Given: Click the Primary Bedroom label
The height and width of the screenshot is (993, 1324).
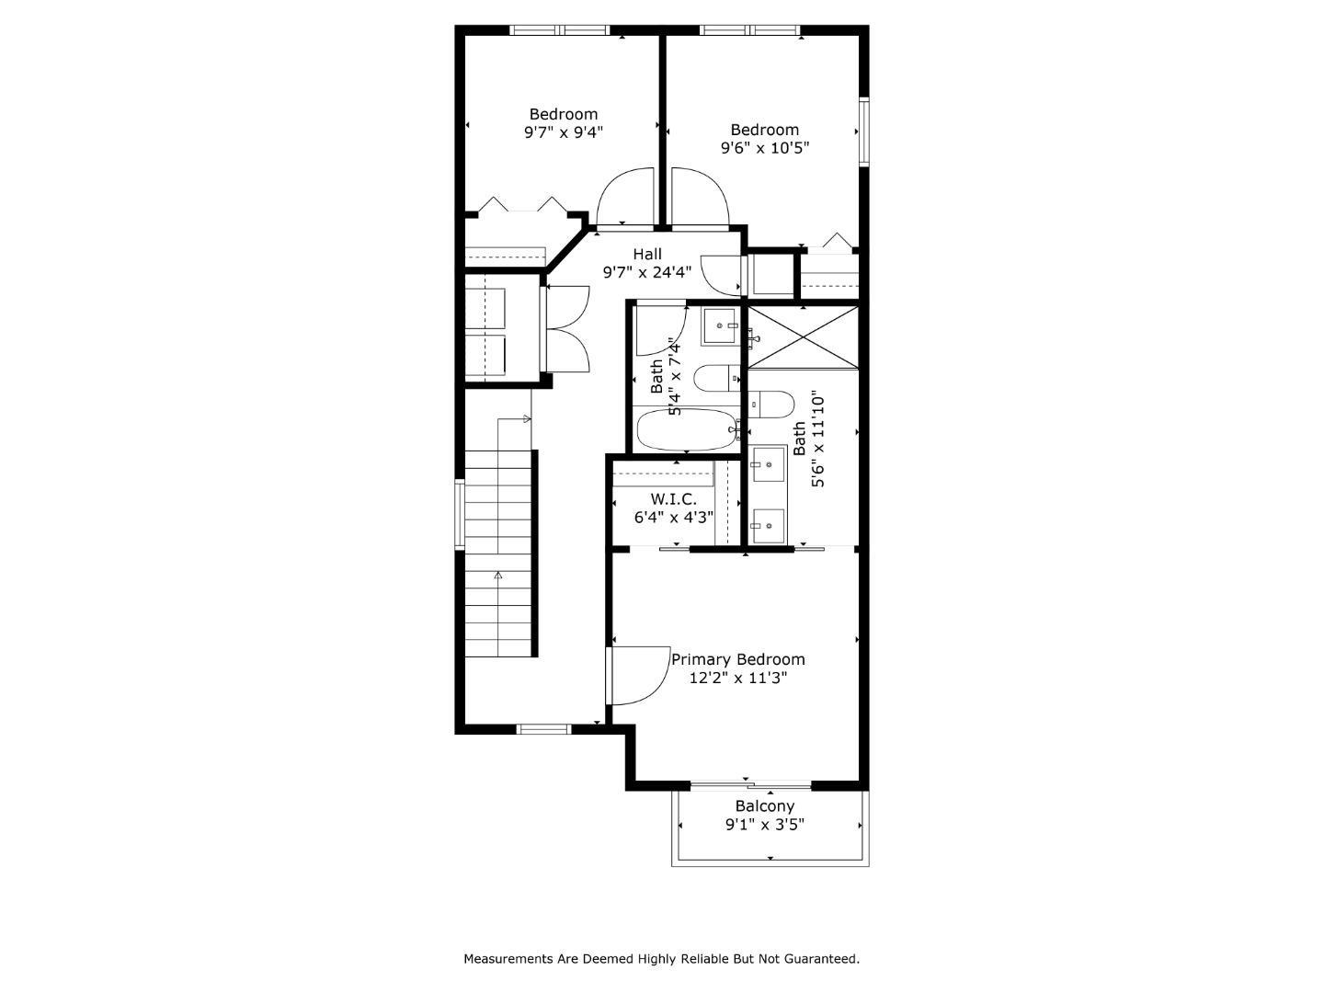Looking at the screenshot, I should [737, 659].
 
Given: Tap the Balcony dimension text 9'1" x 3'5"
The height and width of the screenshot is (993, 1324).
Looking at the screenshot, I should [764, 825].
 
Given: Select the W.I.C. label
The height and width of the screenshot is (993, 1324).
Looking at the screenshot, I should [673, 498].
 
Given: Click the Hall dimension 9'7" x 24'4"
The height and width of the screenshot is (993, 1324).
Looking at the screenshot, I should [646, 272].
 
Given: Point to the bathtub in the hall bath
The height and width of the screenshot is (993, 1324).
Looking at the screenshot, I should [685, 429].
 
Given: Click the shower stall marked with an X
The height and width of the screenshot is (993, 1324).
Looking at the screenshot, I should [804, 337].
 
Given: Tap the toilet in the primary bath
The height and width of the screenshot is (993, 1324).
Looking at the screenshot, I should [773, 404].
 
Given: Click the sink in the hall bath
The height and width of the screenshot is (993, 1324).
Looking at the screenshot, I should [720, 326].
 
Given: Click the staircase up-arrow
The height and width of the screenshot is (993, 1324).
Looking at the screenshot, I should [498, 576].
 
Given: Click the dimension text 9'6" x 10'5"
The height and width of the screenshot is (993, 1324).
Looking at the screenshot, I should [764, 147].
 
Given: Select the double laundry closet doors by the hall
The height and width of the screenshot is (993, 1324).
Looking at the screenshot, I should [567, 329].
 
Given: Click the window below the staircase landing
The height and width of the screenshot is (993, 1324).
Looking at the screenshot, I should [544, 729].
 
